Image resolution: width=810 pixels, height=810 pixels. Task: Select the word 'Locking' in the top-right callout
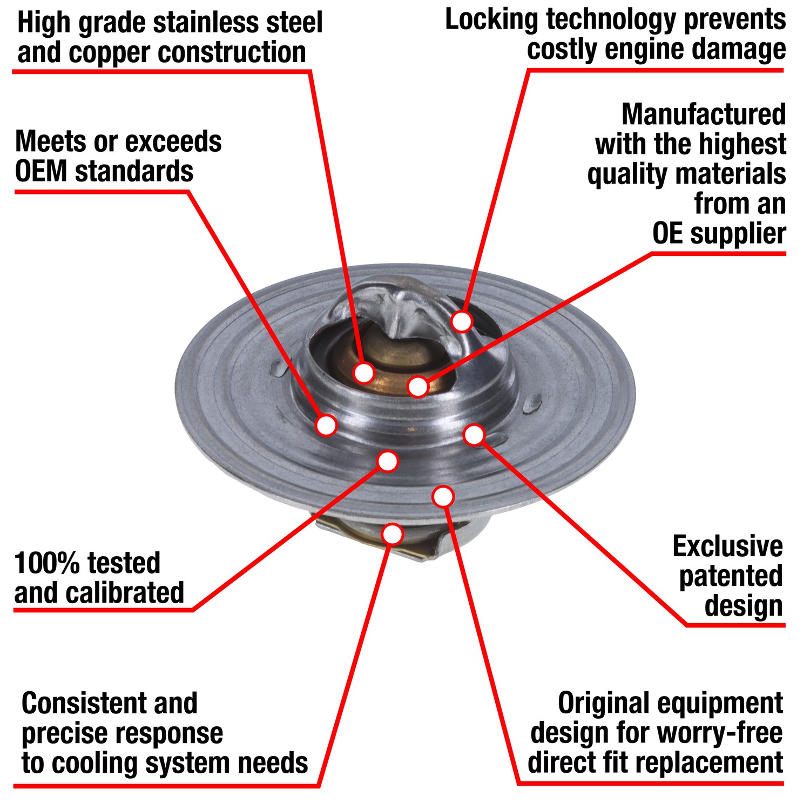[491, 20]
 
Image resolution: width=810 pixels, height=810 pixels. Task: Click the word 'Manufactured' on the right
[703, 114]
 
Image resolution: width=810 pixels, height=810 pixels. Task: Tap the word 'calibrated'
[132, 593]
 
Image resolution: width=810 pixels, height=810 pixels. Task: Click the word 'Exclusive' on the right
[727, 546]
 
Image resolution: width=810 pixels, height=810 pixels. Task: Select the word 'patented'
[731, 576]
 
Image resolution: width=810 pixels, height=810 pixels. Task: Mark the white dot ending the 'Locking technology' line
[462, 321]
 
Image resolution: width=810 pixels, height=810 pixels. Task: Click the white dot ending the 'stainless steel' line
[364, 372]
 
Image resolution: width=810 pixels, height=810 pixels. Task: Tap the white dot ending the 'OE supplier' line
[418, 386]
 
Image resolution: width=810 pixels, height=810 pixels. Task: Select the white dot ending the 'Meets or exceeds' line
[326, 425]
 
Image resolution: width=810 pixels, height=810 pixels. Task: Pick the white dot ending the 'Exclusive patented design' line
[474, 435]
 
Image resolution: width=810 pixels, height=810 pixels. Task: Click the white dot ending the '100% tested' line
[388, 461]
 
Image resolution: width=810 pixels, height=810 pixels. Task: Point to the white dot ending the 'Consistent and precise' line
[393, 534]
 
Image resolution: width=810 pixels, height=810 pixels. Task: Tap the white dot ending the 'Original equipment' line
[443, 496]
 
